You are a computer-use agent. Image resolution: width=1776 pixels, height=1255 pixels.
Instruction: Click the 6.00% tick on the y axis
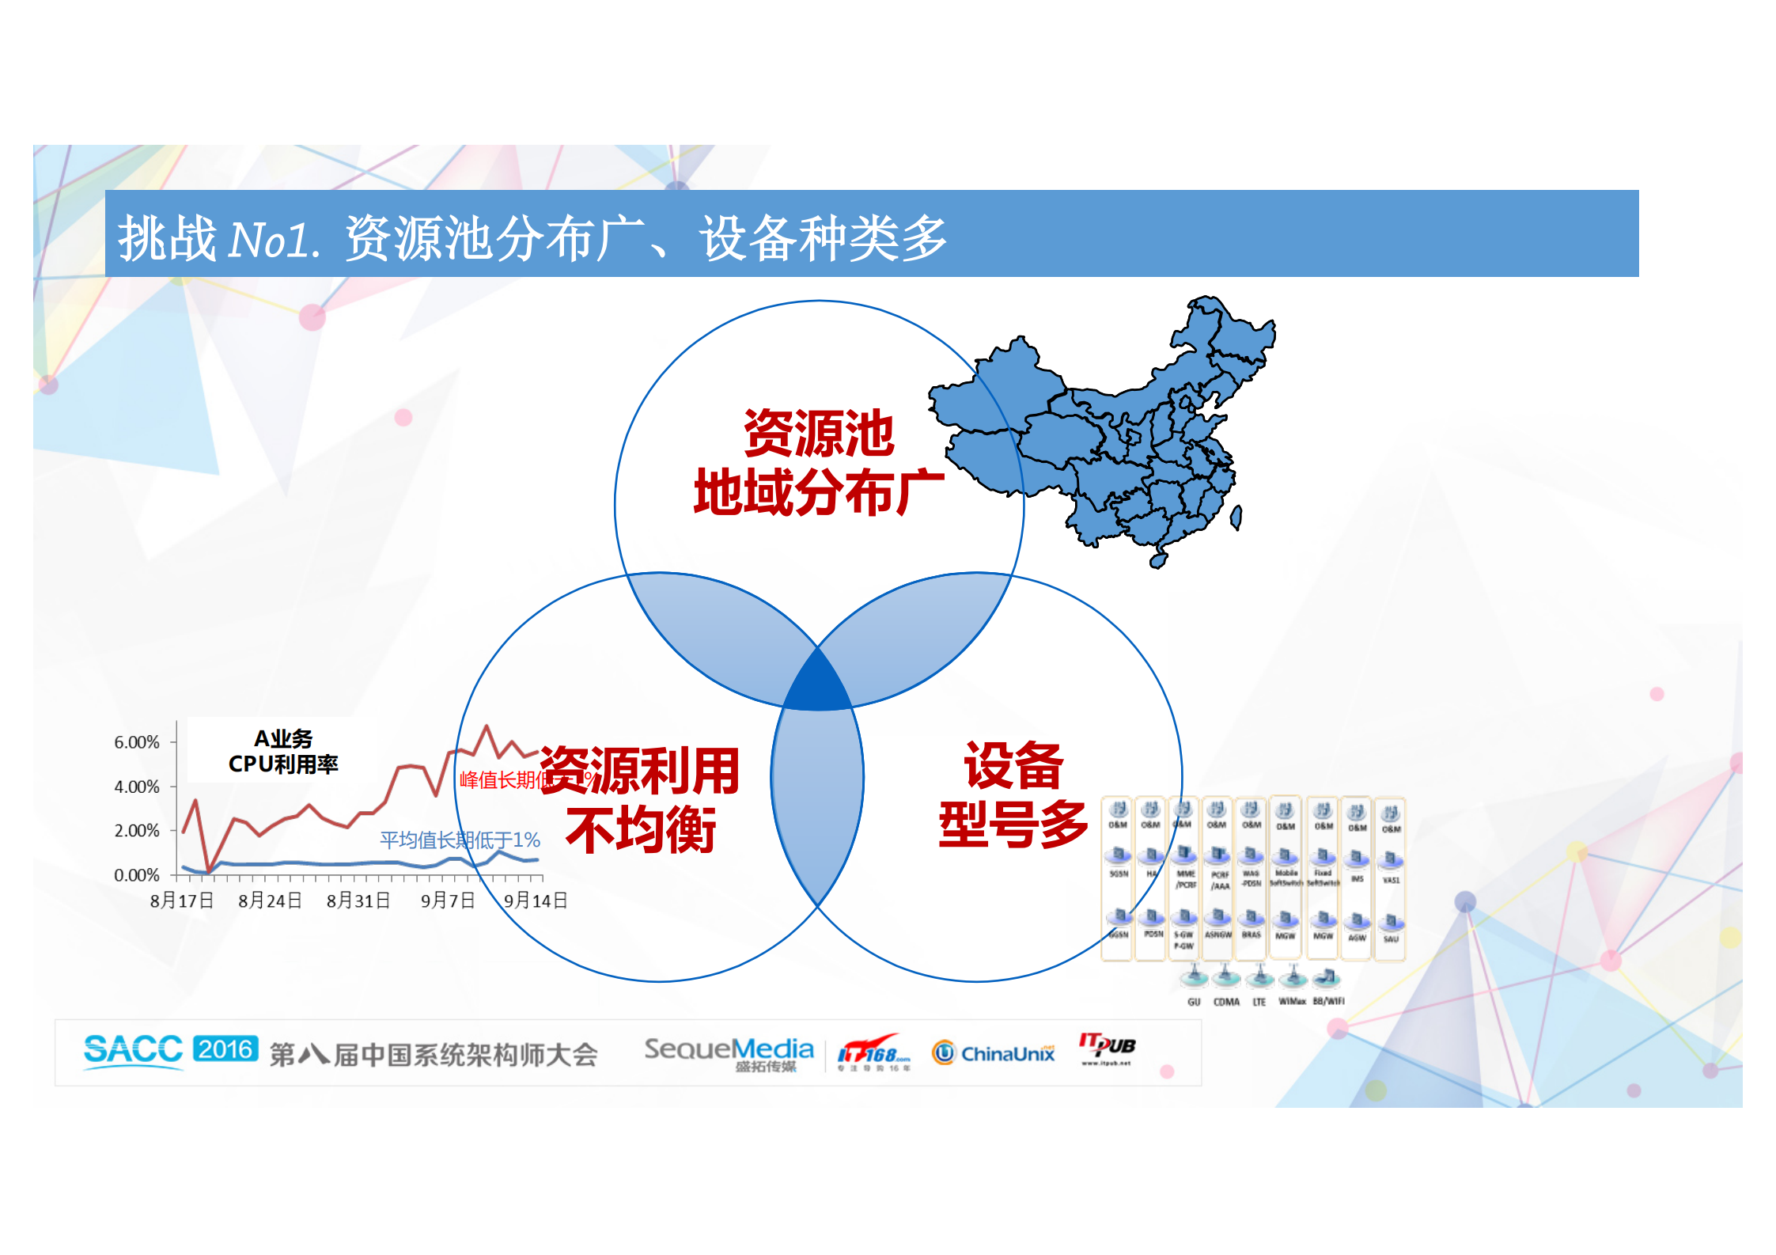pos(137,742)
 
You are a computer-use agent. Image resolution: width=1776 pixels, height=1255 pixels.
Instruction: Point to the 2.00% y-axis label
pos(137,831)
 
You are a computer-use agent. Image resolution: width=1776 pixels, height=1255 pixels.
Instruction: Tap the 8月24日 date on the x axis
pos(270,900)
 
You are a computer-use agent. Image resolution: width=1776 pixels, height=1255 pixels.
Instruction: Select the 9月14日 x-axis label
pos(536,900)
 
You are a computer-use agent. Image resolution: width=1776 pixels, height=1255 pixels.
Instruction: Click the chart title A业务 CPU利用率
pos(283,751)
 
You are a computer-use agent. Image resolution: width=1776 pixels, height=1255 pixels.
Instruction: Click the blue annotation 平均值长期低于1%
pos(460,840)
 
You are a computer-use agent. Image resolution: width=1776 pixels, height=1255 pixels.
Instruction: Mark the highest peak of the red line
pos(487,726)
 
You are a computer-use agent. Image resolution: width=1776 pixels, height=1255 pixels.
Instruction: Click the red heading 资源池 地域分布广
pos(819,463)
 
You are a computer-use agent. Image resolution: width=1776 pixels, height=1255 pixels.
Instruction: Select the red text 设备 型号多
pos(1013,795)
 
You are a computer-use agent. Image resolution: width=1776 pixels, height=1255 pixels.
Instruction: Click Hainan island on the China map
pos(1158,559)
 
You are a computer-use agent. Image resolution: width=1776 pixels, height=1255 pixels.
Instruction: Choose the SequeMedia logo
pos(729,1053)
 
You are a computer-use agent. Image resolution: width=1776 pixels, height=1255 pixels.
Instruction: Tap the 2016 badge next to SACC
pos(225,1049)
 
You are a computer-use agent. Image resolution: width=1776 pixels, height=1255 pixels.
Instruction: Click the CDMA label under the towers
pos(1226,1002)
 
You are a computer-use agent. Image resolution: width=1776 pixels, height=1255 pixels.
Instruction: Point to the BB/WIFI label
pos(1328,1001)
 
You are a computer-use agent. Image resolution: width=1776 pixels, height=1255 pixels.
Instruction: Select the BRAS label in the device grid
pos(1251,935)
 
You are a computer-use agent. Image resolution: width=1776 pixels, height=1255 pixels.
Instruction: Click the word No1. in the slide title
pos(274,240)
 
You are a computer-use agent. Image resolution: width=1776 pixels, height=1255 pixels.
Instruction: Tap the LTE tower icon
pos(1259,978)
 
